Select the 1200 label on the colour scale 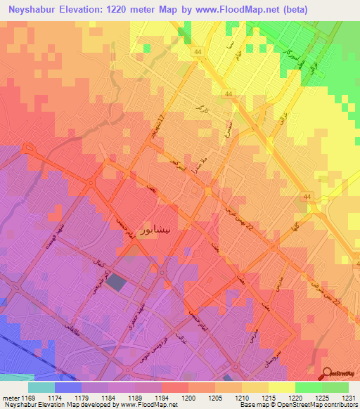[188, 398]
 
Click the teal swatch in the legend [41, 387]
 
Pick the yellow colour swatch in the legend [281, 387]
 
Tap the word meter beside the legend [10, 398]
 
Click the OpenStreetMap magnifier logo [328, 374]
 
